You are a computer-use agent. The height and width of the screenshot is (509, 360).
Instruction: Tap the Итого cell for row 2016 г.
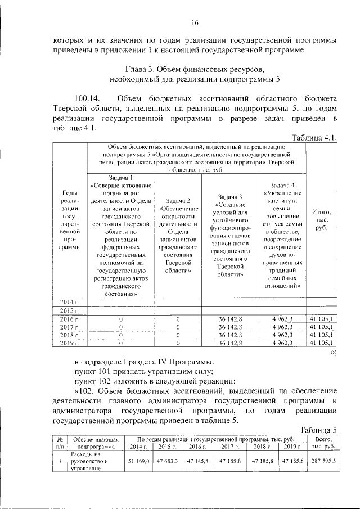point(322,319)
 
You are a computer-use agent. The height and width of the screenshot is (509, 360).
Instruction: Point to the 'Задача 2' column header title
point(178,201)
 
